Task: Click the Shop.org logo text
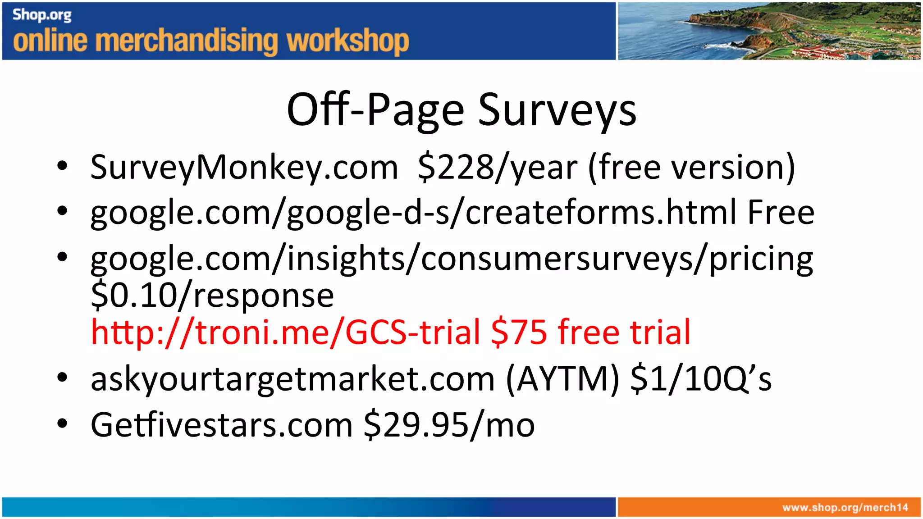pyautogui.click(x=42, y=15)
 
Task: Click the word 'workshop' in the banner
pyautogui.click(x=348, y=41)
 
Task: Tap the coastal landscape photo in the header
pyautogui.click(x=768, y=31)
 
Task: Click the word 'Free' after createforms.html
pyautogui.click(x=781, y=212)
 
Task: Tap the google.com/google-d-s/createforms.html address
pyautogui.click(x=414, y=213)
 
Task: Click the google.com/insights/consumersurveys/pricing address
pyautogui.click(x=452, y=259)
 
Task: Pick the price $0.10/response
pyautogui.click(x=212, y=296)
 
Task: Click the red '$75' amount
pyautogui.click(x=519, y=332)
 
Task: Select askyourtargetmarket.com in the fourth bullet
pyautogui.click(x=292, y=379)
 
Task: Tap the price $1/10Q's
pyautogui.click(x=701, y=379)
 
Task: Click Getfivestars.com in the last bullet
pyautogui.click(x=221, y=425)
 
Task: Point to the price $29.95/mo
pyautogui.click(x=449, y=425)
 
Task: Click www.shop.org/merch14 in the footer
pyautogui.click(x=845, y=508)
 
